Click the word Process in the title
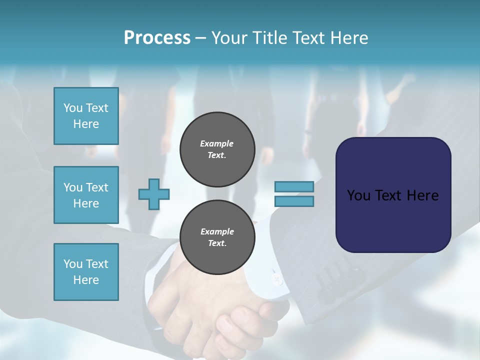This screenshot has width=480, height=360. pos(156,38)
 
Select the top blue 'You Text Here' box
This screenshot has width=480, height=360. pos(86,116)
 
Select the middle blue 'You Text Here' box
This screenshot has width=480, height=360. pos(86,195)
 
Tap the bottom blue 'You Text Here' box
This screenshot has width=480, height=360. pos(86,271)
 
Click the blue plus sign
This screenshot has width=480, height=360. pos(154,194)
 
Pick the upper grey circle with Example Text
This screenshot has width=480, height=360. pos(217,149)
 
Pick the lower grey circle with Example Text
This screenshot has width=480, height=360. pos(217,237)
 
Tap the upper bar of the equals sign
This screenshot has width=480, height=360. pos(294,186)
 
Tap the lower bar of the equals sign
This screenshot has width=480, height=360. pos(294,201)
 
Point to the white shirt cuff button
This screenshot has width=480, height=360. pos(276,279)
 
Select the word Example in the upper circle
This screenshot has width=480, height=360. pos(216,143)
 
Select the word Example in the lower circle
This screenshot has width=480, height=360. pos(217,231)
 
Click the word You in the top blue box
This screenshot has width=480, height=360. pos(73,108)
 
